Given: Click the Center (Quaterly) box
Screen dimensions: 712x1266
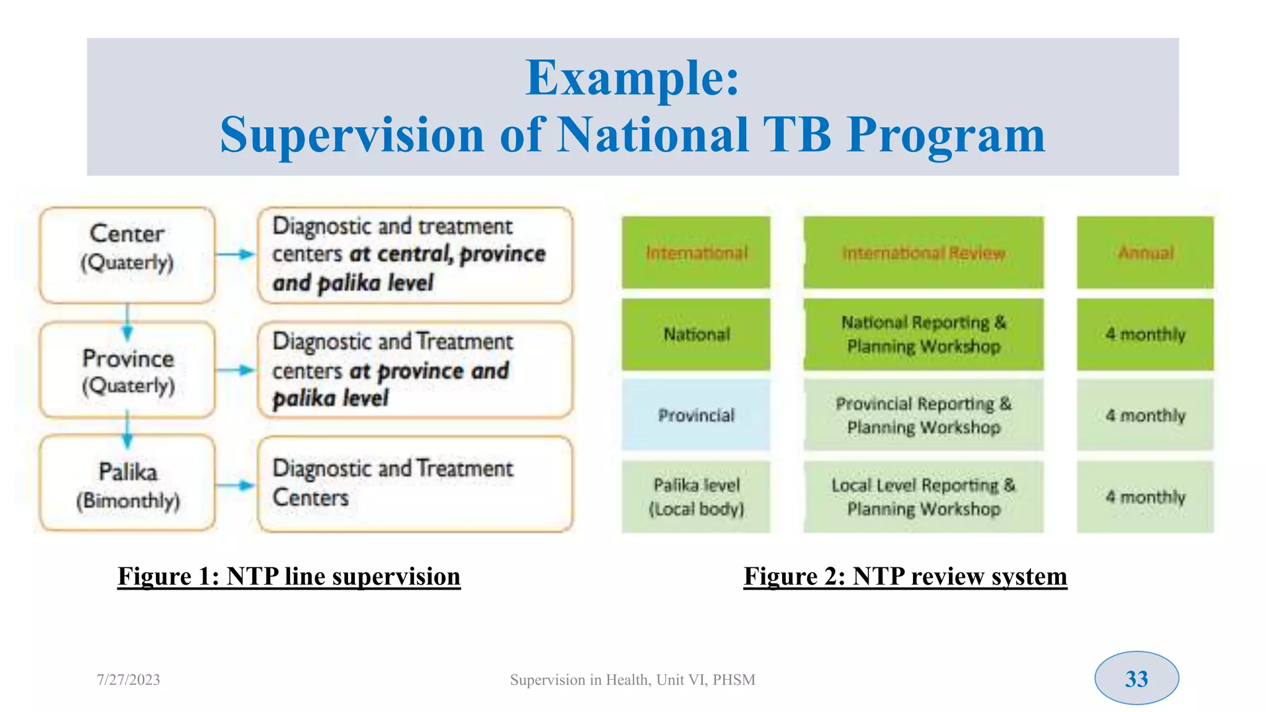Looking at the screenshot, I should (x=127, y=255).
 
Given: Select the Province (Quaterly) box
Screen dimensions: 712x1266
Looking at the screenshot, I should (x=127, y=370).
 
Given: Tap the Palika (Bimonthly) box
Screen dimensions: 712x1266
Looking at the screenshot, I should (x=127, y=484).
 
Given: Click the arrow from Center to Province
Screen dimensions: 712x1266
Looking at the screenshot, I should (x=127, y=322).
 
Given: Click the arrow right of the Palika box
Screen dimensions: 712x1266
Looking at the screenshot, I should (x=236, y=486).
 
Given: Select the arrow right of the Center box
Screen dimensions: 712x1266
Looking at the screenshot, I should (x=236, y=254).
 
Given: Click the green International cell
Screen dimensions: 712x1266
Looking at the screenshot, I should (x=696, y=252).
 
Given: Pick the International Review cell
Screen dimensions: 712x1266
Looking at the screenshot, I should (x=923, y=252).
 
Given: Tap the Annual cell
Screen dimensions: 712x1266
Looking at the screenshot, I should (x=1145, y=252).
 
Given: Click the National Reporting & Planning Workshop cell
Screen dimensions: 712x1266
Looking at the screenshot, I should (x=923, y=334).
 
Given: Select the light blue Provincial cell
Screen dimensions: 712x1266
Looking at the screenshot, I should (x=696, y=415).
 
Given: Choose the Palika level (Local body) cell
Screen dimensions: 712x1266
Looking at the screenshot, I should (x=696, y=496).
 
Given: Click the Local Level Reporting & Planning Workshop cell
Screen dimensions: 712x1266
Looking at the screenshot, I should (x=923, y=496).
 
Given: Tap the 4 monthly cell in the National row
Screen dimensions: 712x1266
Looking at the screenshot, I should (x=1145, y=334).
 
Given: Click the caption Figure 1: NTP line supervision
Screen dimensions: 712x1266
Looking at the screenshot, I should (x=289, y=576).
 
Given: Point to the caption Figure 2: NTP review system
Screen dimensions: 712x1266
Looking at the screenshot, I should (x=905, y=576).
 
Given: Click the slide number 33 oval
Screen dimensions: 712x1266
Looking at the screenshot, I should (x=1136, y=678).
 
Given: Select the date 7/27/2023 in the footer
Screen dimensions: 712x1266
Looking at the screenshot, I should (x=128, y=680).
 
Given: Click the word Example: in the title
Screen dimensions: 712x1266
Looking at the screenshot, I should (x=632, y=78).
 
